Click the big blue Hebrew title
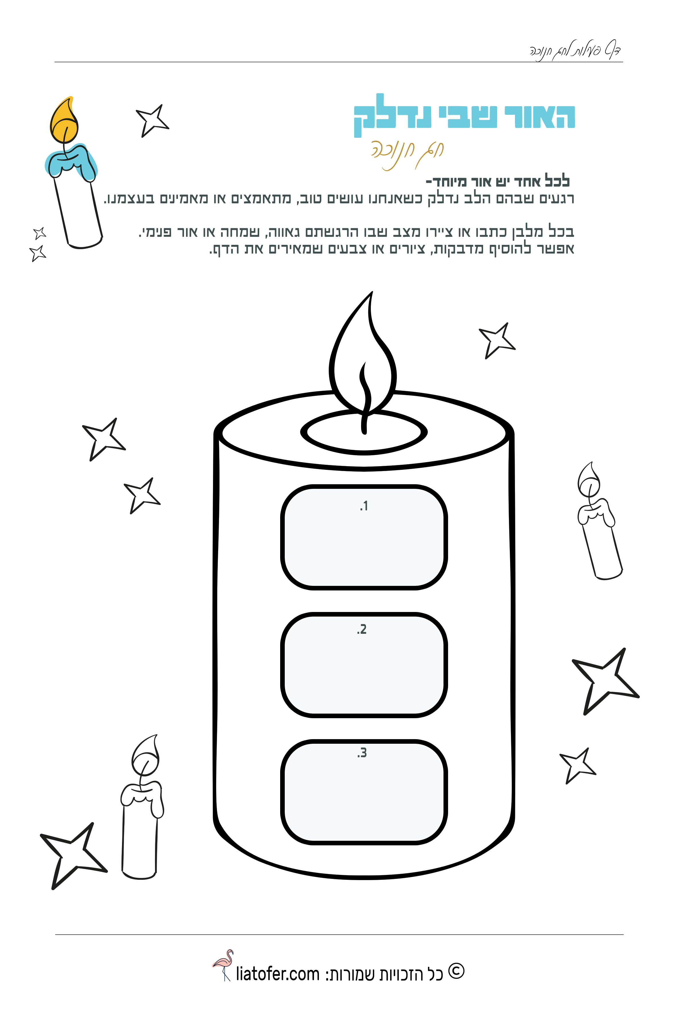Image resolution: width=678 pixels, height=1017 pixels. [x=464, y=116]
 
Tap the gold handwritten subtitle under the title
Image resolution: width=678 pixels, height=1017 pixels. [x=407, y=154]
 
